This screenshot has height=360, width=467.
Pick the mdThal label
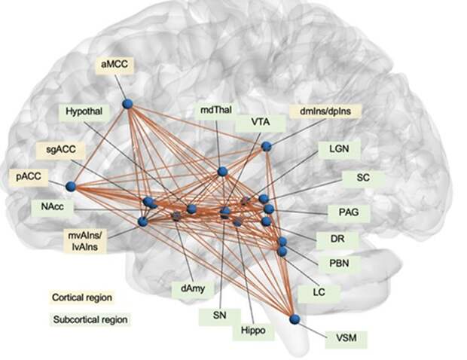tap(215, 111)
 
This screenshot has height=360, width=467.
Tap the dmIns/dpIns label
tap(325, 111)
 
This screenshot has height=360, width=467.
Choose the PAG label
tap(349, 212)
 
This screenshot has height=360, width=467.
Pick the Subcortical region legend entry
tap(90, 319)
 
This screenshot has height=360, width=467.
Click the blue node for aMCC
tap(127, 103)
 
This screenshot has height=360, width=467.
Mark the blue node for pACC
tap(72, 186)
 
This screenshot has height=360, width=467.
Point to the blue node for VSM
tap(295, 319)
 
